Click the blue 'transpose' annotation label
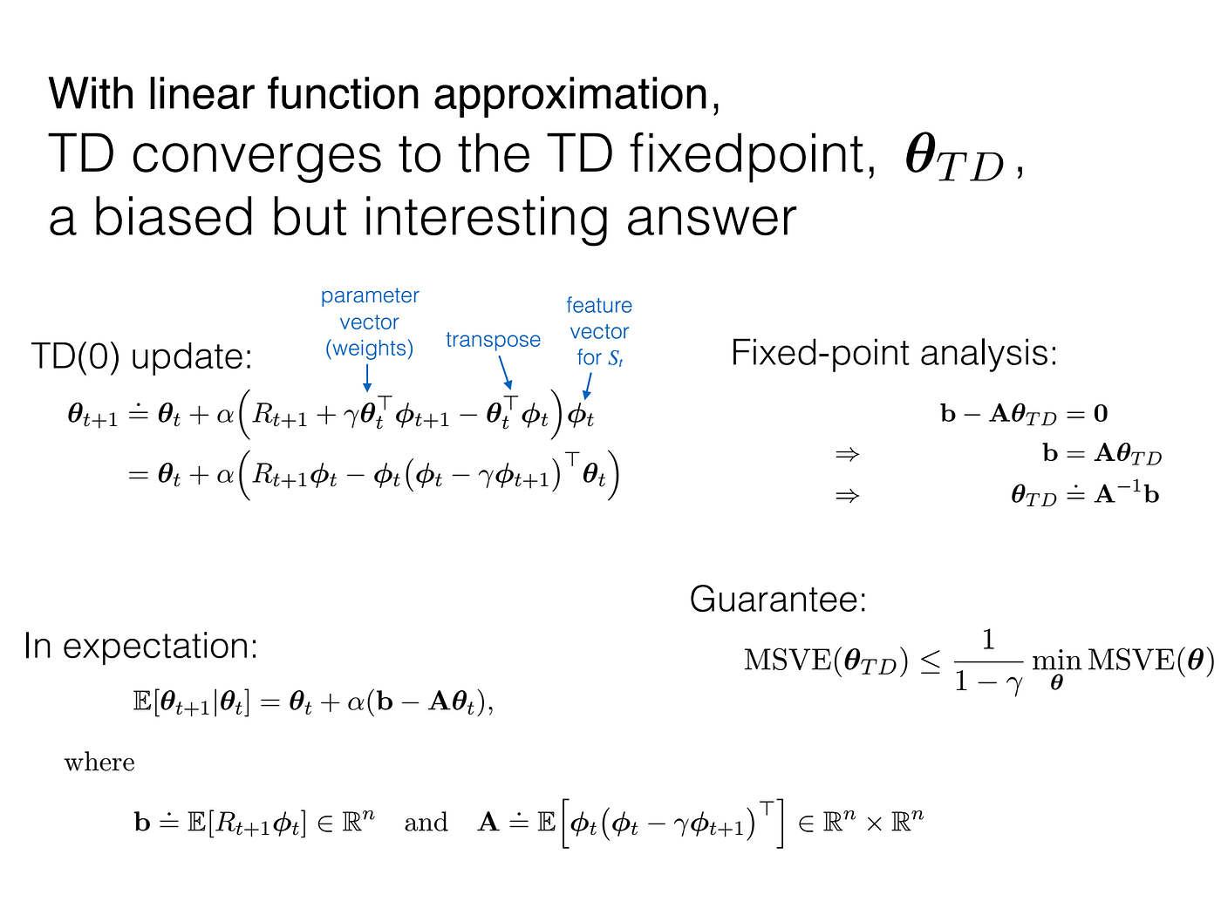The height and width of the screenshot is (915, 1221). click(493, 340)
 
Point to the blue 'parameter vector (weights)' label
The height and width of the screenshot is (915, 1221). click(370, 322)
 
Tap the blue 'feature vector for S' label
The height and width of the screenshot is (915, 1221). click(599, 331)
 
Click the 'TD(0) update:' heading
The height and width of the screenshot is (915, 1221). click(141, 356)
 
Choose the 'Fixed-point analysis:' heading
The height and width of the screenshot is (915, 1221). click(894, 353)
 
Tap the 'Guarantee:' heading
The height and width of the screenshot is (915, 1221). click(778, 600)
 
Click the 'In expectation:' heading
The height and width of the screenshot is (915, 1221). click(140, 646)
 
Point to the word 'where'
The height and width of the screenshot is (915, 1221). click(99, 762)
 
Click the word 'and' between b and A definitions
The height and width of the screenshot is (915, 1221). click(426, 822)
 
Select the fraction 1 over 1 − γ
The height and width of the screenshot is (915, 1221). click(988, 661)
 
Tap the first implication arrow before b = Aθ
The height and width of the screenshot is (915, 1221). click(847, 454)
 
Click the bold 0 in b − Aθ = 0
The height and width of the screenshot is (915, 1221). click(1101, 413)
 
